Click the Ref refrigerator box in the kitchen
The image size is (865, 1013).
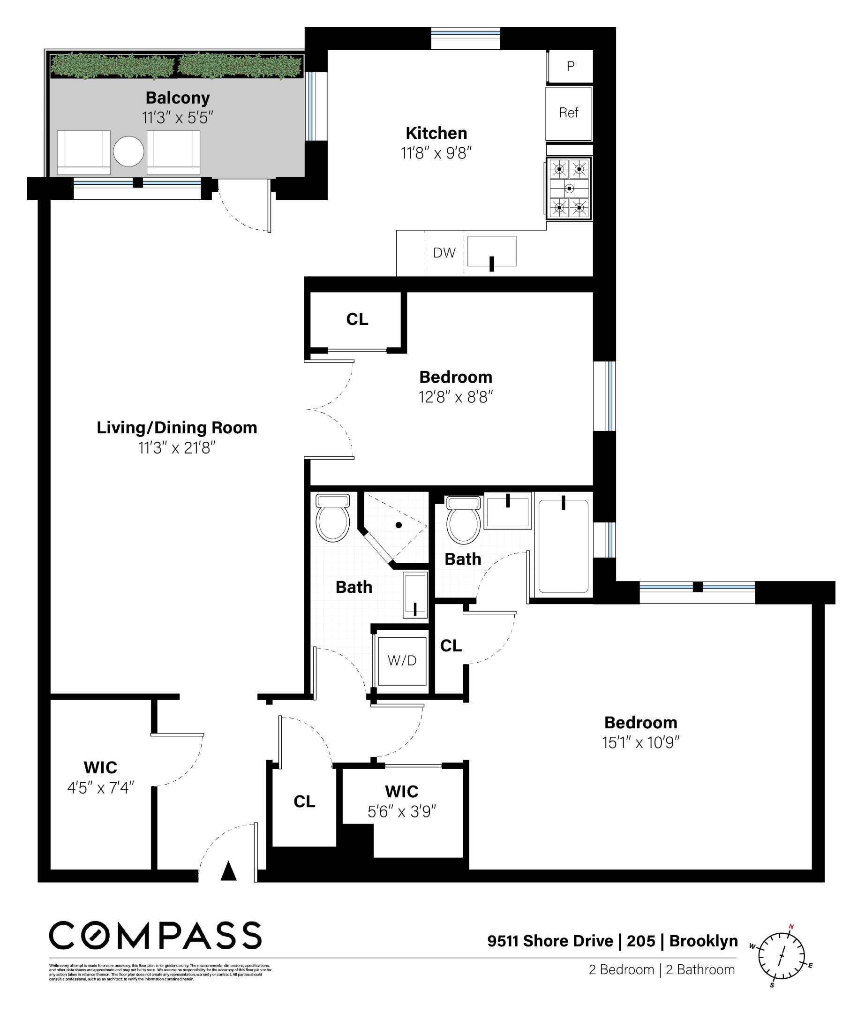pyautogui.click(x=568, y=113)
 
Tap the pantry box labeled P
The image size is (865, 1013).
pyautogui.click(x=570, y=67)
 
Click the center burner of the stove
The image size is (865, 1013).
pyautogui.click(x=569, y=188)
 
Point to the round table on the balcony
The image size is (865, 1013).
pyautogui.click(x=128, y=151)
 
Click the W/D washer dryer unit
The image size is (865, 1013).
pyautogui.click(x=402, y=661)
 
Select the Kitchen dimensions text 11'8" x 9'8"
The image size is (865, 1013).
pyautogui.click(x=436, y=153)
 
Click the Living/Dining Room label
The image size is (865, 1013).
pyautogui.click(x=176, y=428)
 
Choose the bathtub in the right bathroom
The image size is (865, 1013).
pyautogui.click(x=563, y=546)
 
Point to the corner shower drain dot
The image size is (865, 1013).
pyautogui.click(x=399, y=525)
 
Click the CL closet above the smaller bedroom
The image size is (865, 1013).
pyautogui.click(x=357, y=320)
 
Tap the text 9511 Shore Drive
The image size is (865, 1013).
pyautogui.click(x=550, y=941)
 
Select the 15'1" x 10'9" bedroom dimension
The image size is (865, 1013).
pyautogui.click(x=640, y=743)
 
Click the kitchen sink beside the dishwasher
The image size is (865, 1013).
pyautogui.click(x=492, y=252)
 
